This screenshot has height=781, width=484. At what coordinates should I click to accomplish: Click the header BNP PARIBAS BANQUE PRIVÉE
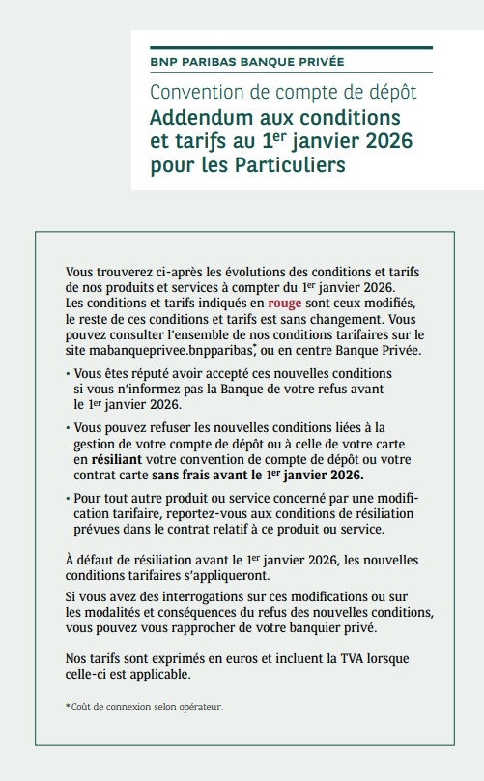(247, 62)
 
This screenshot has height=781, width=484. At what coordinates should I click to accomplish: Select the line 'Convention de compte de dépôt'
(283, 93)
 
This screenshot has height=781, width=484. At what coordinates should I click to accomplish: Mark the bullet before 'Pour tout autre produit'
(68, 499)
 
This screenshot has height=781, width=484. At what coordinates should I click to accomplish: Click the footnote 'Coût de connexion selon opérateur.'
(144, 708)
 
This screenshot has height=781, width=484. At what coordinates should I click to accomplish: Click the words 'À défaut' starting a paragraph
(93, 559)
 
